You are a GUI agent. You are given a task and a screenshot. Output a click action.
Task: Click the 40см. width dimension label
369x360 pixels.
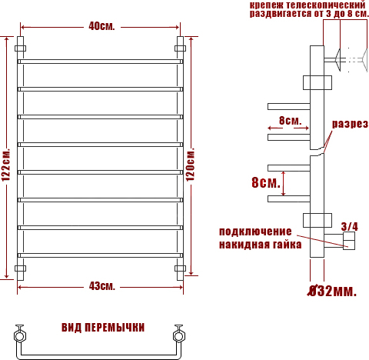pyautogui.click(x=101, y=26)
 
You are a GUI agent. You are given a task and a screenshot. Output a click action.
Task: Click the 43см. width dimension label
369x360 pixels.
pyautogui.click(x=102, y=286)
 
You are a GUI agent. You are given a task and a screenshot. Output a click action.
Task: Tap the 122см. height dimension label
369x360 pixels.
pyautogui.click(x=6, y=165)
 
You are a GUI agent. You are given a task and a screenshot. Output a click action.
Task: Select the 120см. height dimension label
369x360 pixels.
pyautogui.click(x=191, y=165)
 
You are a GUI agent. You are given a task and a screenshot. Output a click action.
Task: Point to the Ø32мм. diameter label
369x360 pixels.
pyautogui.click(x=332, y=291)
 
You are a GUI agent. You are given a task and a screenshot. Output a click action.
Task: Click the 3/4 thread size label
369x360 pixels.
pyautogui.click(x=350, y=226)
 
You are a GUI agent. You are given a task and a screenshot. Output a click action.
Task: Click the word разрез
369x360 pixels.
pyautogui.click(x=350, y=124)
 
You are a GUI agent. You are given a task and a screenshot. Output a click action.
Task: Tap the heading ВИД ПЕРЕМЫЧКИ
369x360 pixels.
pyautogui.click(x=103, y=328)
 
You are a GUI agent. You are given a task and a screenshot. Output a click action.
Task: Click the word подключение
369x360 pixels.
pyautogui.click(x=255, y=232)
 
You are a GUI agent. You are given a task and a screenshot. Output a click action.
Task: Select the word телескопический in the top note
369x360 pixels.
pyautogui.click(x=325, y=5)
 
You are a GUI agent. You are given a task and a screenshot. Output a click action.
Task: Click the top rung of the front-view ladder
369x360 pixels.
pyautogui.click(x=101, y=62)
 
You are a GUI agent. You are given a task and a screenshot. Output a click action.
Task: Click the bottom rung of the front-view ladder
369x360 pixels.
pyautogui.click(x=101, y=255)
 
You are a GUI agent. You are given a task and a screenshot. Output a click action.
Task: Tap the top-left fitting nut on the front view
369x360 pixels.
pyautogui.click(x=21, y=48)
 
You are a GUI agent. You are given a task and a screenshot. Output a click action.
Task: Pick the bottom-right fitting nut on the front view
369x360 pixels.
pyautogui.click(x=180, y=268)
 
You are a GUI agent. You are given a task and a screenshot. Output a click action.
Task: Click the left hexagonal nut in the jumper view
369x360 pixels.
pyautogui.click(x=20, y=336)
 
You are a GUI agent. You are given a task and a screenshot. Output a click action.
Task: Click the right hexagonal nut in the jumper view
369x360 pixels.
pyautogui.click(x=179, y=336)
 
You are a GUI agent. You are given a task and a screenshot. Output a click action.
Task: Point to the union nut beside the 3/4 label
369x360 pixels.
pyautogui.click(x=349, y=241)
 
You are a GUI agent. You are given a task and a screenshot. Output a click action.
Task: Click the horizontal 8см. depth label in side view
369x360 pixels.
pyautogui.click(x=291, y=120)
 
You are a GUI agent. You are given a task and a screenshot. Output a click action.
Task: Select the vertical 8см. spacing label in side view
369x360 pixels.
pyautogui.click(x=266, y=182)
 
